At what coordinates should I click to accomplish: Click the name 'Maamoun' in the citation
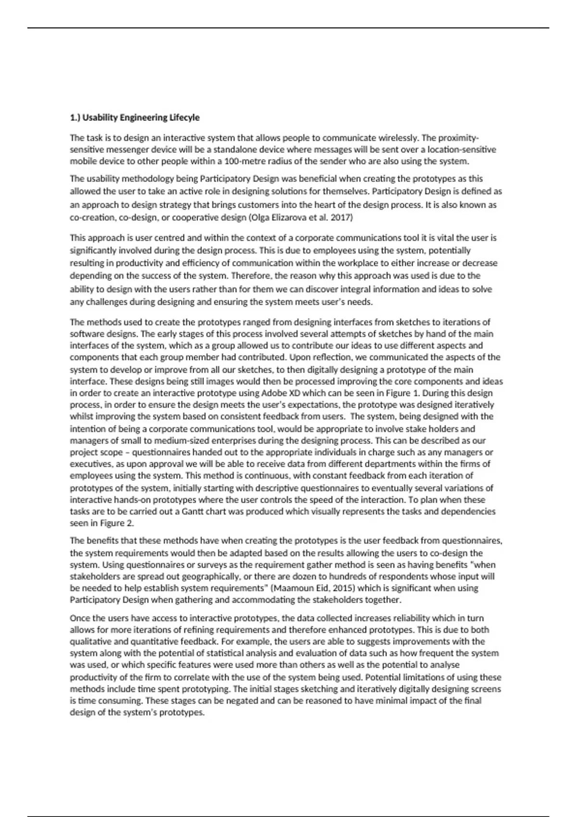click(292, 588)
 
